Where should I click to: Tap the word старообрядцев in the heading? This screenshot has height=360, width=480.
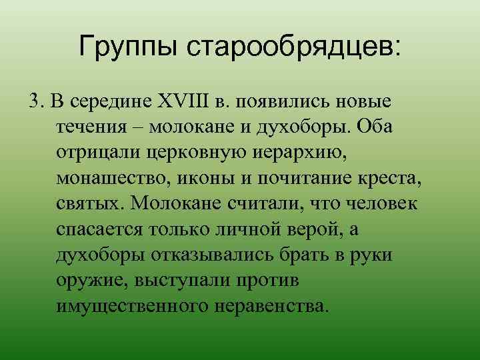pyautogui.click(x=293, y=48)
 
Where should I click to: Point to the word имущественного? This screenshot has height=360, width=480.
pyautogui.click(x=135, y=305)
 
